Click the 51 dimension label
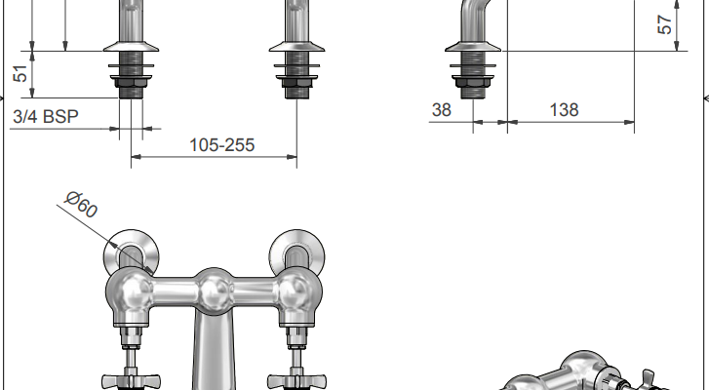20,74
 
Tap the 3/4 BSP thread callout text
46,117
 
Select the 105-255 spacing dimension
222,145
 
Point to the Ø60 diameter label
81,205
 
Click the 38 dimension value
442,110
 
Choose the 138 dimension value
564,110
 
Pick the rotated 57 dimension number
665,24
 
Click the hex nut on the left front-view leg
131,83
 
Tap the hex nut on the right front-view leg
296,83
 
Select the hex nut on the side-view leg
473,83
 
